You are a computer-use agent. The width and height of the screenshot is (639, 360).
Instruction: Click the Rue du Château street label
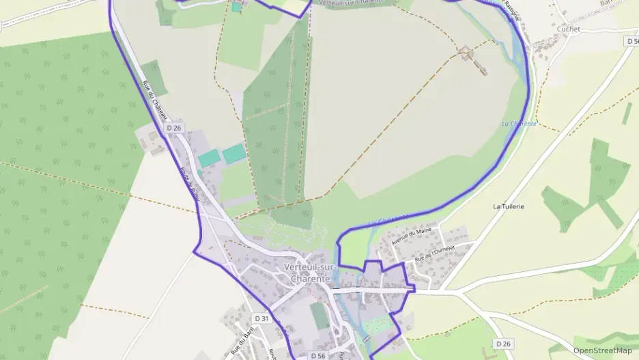156,103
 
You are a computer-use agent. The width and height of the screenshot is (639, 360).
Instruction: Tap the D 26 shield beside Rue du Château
174,128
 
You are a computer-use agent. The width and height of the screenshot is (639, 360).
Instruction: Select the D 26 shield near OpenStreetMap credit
503,343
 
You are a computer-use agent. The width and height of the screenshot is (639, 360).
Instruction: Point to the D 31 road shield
262,318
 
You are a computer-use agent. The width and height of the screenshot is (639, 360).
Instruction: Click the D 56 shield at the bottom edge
317,356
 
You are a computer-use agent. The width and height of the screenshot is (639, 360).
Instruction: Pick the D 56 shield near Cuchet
631,41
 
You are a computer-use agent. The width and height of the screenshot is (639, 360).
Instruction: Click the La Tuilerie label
509,206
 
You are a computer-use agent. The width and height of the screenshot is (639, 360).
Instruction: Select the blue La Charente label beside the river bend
519,124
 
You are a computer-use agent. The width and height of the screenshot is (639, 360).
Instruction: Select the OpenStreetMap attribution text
602,350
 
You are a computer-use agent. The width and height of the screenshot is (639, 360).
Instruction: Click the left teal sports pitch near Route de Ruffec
210,158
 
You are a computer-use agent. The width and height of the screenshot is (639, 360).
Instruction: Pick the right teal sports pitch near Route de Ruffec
234,154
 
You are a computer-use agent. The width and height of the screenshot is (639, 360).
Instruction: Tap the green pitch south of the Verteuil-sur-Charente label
319,316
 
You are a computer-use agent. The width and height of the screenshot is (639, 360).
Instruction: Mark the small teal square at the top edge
236,7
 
